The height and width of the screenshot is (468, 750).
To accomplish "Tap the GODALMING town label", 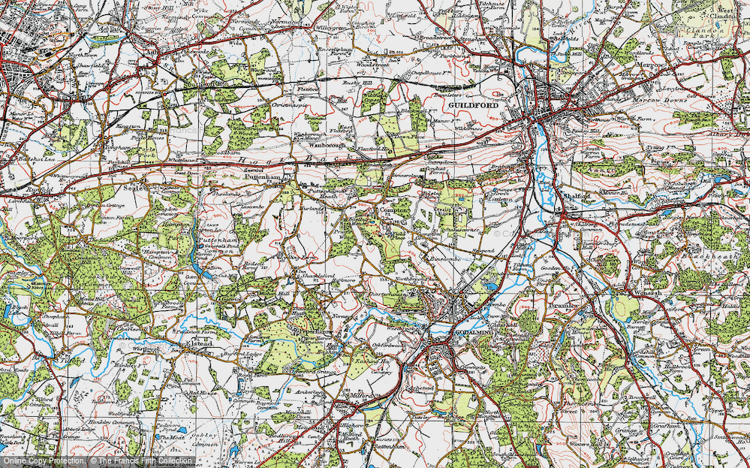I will [459, 332].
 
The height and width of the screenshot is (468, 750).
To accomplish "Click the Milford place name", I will [358, 394].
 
